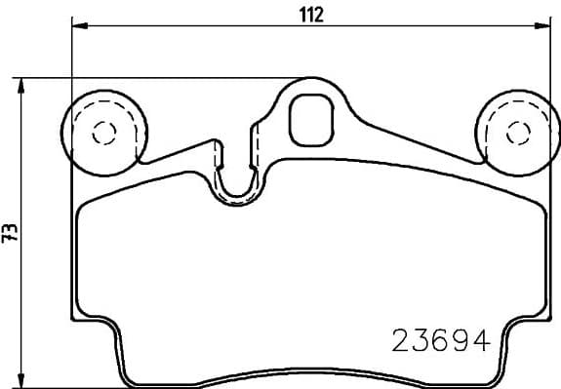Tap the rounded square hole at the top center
311,115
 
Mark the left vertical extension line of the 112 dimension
72,58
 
